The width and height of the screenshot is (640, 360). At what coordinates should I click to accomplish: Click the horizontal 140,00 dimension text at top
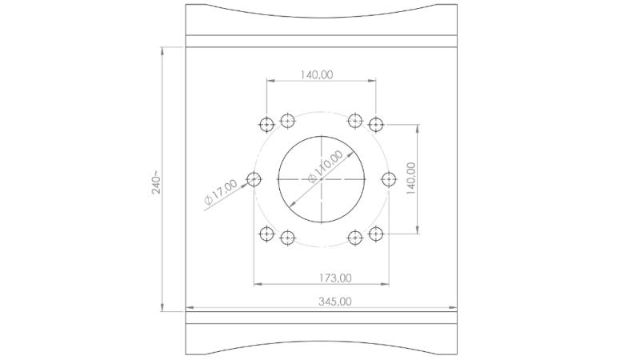317,74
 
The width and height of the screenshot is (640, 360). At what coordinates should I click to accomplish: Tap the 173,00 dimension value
334,278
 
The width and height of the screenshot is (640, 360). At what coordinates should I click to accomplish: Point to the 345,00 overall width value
334,302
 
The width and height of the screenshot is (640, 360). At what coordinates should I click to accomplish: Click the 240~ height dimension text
157,182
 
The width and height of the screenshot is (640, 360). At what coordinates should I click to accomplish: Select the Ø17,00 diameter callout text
220,192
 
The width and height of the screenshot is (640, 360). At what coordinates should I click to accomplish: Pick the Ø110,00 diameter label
326,167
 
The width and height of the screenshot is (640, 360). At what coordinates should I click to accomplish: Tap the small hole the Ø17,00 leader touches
254,179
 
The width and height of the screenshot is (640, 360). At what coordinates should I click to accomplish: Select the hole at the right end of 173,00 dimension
389,179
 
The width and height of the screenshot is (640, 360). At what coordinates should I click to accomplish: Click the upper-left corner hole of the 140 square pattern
266,124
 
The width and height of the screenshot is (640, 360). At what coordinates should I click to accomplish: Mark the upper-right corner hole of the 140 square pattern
376,124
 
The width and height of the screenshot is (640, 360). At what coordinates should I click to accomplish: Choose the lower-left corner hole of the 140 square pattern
266,234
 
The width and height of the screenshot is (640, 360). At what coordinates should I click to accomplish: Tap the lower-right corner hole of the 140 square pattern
376,234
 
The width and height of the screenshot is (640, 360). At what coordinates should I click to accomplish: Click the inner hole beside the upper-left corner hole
287,121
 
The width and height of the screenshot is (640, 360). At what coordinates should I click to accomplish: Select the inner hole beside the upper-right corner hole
355,121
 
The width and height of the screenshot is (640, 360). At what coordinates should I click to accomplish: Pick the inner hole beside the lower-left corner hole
287,238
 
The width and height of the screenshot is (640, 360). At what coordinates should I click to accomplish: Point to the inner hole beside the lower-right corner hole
355,238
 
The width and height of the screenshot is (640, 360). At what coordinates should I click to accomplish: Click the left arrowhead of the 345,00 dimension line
189,307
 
